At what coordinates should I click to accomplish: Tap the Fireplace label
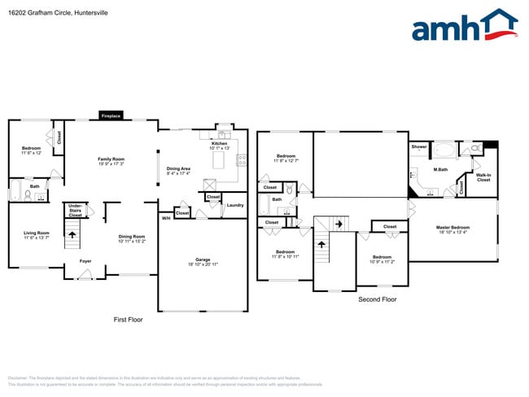111,116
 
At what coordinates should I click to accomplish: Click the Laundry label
235,205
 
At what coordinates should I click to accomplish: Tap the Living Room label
37,234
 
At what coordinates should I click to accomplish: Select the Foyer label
85,260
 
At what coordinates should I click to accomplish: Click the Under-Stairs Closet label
75,211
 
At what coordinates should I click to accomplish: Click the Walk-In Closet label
483,177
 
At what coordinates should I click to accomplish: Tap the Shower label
418,146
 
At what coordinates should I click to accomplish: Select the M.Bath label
440,169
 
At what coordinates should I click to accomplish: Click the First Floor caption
128,320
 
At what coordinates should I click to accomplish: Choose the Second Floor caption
378,299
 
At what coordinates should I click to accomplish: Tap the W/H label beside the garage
165,217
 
